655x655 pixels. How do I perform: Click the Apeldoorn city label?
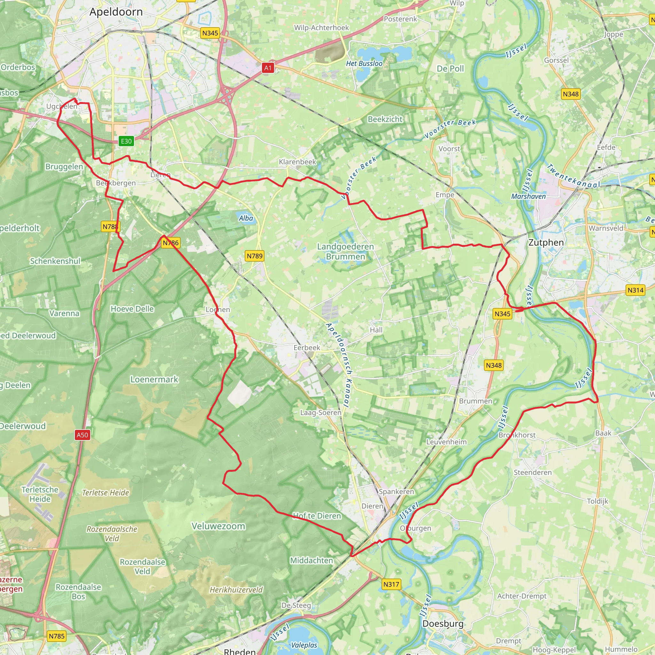(x=116, y=12)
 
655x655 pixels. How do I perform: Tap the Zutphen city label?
(x=546, y=242)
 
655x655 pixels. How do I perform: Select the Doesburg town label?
(x=443, y=624)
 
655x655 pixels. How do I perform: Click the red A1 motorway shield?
(x=268, y=68)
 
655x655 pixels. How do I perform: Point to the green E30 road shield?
(x=126, y=141)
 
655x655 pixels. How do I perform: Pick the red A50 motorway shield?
(x=83, y=435)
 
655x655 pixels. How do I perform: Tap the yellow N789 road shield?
(x=254, y=256)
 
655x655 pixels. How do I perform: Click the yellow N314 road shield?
(x=635, y=290)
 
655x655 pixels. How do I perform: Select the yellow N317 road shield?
(x=391, y=584)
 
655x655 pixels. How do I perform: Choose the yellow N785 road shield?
(x=57, y=636)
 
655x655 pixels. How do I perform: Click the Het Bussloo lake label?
(x=364, y=63)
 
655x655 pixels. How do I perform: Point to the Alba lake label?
(x=246, y=218)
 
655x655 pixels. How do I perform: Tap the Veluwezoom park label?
(x=218, y=526)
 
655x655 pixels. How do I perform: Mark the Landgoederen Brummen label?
(x=345, y=252)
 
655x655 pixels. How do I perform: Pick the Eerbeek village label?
(x=306, y=348)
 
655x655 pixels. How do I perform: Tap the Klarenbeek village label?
(x=297, y=162)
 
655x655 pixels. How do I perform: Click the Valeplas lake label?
(x=304, y=645)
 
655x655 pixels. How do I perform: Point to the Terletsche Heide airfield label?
(x=40, y=494)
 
